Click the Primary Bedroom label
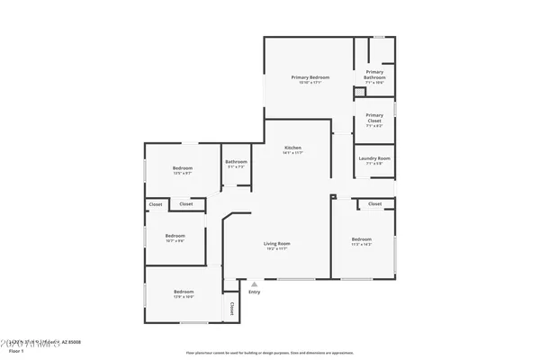pyautogui.click(x=310, y=77)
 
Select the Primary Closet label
pyautogui.click(x=374, y=117)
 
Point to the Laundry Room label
pyautogui.click(x=374, y=158)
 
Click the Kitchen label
pyautogui.click(x=292, y=148)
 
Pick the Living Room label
pyautogui.click(x=276, y=243)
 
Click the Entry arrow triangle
pyautogui.click(x=254, y=284)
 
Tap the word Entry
pyautogui.click(x=255, y=292)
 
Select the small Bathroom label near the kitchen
pyautogui.click(x=236, y=162)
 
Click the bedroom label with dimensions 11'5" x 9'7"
pyautogui.click(x=183, y=168)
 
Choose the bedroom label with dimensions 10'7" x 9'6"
pyautogui.click(x=175, y=236)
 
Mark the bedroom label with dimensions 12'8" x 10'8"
pyautogui.click(x=184, y=292)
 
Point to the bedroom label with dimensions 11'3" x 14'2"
pyautogui.click(x=362, y=238)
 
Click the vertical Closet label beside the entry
pyautogui.click(x=231, y=309)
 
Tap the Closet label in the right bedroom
pyautogui.click(x=374, y=204)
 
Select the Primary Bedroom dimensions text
pyautogui.click(x=310, y=83)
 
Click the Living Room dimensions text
pyautogui.click(x=276, y=248)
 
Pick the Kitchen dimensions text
pyautogui.click(x=292, y=153)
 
